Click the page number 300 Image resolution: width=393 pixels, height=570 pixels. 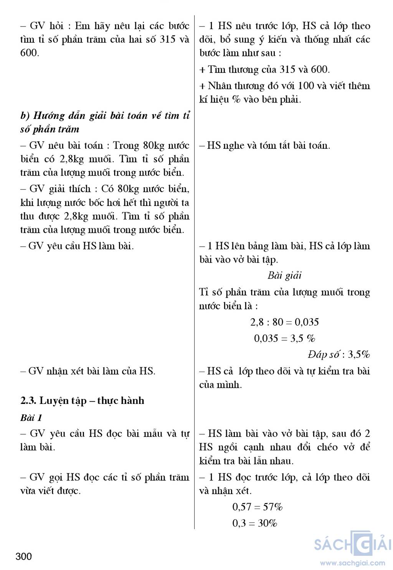click(24, 556)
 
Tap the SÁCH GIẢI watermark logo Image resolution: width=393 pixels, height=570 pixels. click(352, 544)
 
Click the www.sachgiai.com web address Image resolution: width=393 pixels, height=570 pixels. click(352, 563)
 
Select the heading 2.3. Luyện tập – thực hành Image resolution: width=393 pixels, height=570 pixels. click(82, 400)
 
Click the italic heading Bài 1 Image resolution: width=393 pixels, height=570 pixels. click(31, 417)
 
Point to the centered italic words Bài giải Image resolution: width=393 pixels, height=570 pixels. click(284, 275)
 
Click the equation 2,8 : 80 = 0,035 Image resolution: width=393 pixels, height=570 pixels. click(284, 322)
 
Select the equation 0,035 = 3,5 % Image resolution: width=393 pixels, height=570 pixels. click(284, 338)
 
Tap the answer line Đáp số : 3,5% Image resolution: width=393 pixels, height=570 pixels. click(339, 354)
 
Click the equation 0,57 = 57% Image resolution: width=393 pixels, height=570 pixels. click(258, 507)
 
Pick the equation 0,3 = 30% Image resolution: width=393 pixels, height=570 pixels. click(255, 523)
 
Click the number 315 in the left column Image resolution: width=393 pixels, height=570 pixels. click(168, 40)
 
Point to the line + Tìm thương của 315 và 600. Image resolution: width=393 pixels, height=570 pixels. click(264, 69)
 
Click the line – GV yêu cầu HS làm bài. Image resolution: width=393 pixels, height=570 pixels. click(77, 246)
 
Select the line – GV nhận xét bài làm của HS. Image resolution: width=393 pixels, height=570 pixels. click(88, 371)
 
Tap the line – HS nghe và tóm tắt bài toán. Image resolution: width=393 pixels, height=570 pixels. click(264, 145)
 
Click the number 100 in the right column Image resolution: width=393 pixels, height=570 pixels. click(306, 86)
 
